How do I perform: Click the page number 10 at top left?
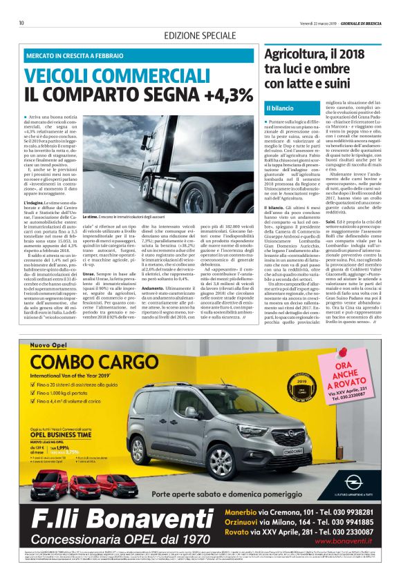coord(22,23)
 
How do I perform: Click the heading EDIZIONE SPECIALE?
coord(200,35)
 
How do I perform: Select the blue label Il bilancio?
coord(280,109)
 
